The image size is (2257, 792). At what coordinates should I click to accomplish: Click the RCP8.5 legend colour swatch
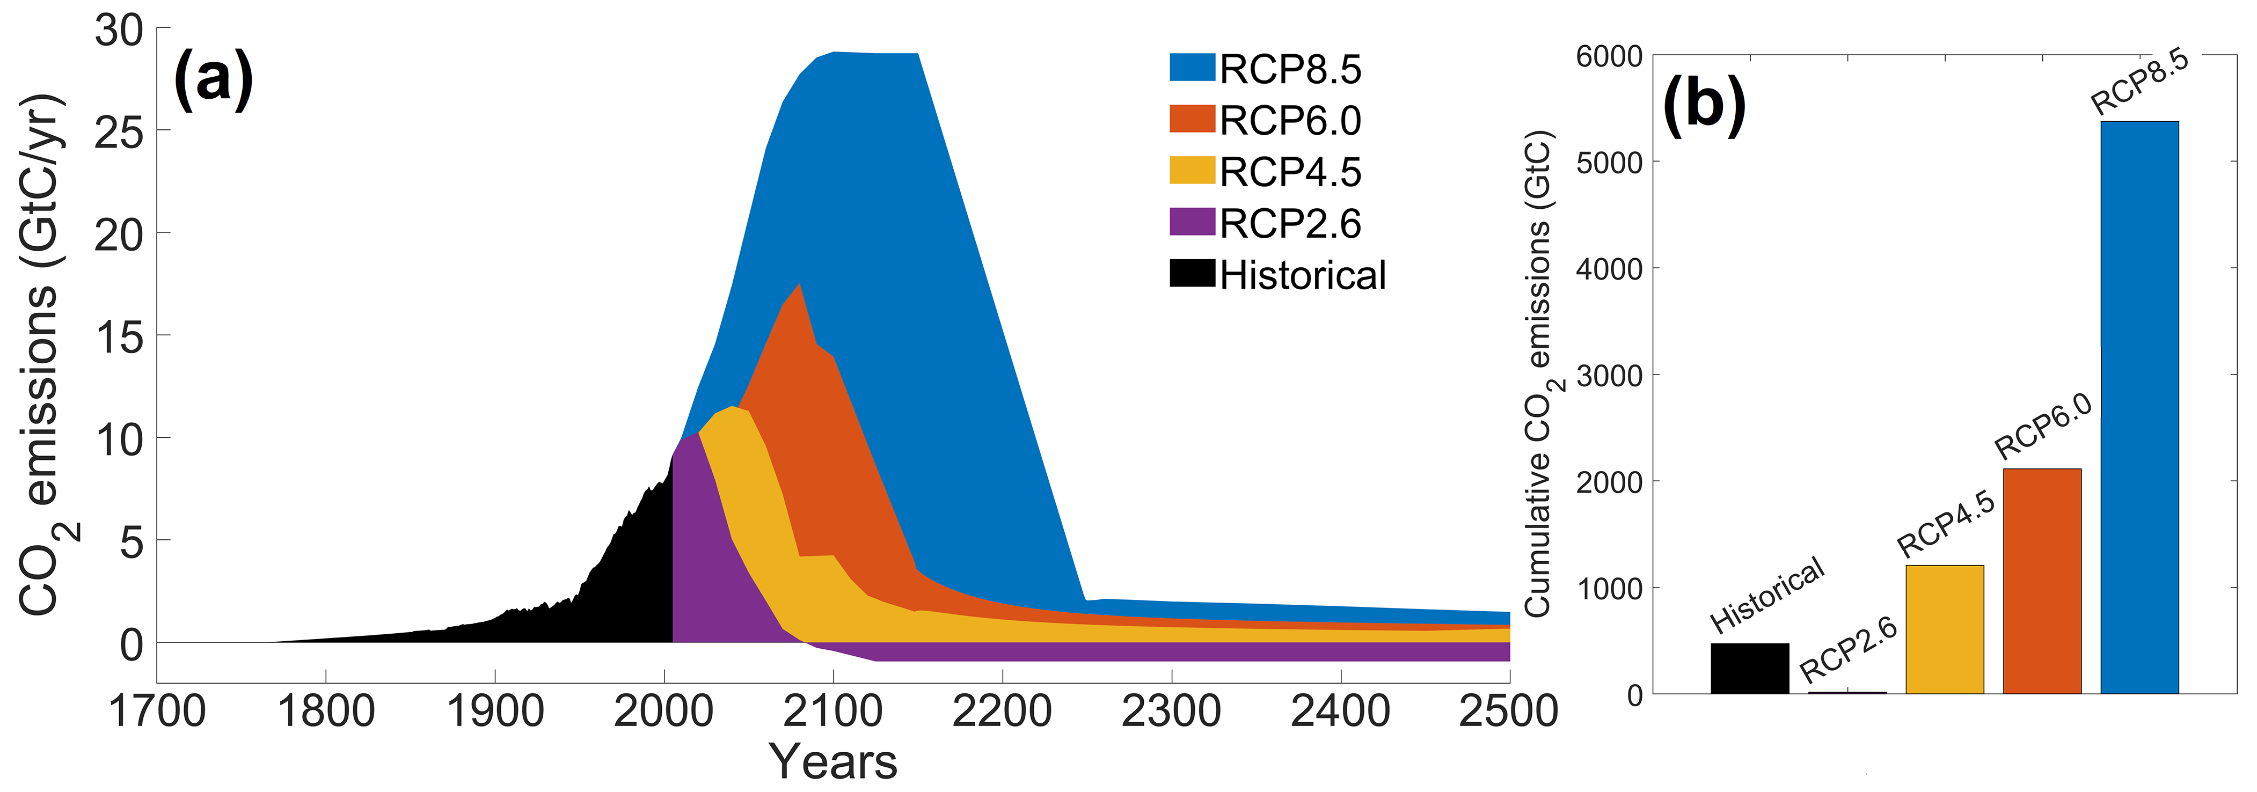coord(1192,68)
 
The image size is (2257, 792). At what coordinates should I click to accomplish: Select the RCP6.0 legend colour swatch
coord(1192,119)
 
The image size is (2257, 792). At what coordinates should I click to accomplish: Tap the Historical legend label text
coord(1302,275)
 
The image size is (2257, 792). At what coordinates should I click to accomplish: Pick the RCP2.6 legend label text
coord(1290,223)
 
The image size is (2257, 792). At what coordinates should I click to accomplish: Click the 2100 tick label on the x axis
coord(832,712)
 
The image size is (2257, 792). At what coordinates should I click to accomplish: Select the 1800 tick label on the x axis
coord(326,712)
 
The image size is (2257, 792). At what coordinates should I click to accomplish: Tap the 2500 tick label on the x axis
coord(1508,712)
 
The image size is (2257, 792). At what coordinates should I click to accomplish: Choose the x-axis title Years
coord(833,761)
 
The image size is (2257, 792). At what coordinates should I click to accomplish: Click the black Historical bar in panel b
coord(1750,669)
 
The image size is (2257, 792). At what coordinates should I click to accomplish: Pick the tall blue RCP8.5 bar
coord(2139,407)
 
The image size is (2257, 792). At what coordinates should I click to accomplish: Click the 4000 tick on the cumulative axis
coord(1609,268)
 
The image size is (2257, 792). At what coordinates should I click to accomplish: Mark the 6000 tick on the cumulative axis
coord(1609,56)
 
